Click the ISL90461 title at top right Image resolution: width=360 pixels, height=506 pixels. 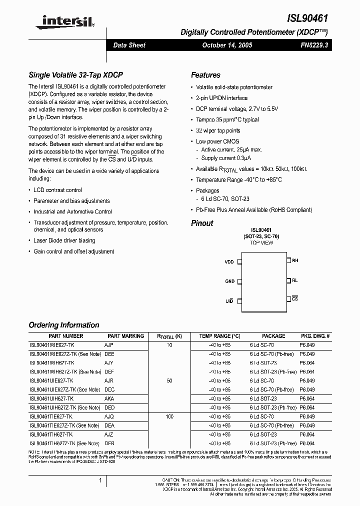307,17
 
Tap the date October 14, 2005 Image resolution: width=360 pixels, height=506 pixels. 227,45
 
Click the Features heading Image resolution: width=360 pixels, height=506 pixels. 205,75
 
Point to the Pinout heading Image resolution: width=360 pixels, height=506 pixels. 202,223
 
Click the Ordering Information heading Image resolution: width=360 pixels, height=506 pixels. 64,325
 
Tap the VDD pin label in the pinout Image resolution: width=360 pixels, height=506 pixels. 229,261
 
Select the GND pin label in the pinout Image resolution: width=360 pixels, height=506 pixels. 229,281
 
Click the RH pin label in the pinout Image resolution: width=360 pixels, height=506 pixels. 295,260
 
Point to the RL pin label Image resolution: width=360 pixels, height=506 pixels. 295,280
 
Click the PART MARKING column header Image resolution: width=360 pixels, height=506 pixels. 125,336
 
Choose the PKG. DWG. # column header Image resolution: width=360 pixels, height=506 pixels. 315,336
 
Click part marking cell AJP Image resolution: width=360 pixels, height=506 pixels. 109,345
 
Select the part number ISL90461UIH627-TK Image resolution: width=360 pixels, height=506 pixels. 52,398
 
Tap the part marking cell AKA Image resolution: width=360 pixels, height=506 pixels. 109,398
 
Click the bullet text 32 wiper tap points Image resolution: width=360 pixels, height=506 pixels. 218,130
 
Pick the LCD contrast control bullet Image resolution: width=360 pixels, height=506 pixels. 57,190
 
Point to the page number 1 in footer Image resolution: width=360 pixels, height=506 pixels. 100,481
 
